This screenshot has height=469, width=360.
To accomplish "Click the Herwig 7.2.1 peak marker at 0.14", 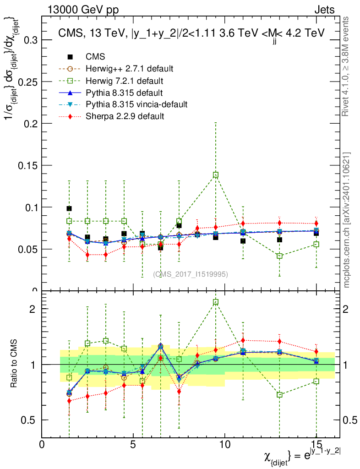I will [x=216, y=175].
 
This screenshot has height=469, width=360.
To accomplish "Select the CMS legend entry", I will [x=95, y=57].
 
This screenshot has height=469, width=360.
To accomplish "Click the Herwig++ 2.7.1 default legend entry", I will [x=129, y=69].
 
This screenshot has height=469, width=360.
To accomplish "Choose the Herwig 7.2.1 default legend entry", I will [x=125, y=81].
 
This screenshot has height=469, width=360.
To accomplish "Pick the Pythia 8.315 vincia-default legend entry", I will [x=136, y=104].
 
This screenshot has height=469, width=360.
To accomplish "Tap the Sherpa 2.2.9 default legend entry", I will [x=125, y=116].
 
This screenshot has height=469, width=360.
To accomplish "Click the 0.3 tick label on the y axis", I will [x=28, y=40].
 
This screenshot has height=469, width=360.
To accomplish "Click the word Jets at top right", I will [x=324, y=10].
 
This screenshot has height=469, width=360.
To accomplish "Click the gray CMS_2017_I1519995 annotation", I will [x=191, y=274].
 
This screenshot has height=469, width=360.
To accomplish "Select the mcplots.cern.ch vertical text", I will [x=347, y=220].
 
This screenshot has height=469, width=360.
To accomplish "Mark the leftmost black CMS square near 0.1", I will [x=69, y=208].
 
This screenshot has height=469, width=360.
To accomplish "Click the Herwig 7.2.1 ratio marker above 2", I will [x=216, y=302].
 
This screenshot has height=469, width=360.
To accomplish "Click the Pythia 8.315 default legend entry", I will [x=125, y=93].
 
